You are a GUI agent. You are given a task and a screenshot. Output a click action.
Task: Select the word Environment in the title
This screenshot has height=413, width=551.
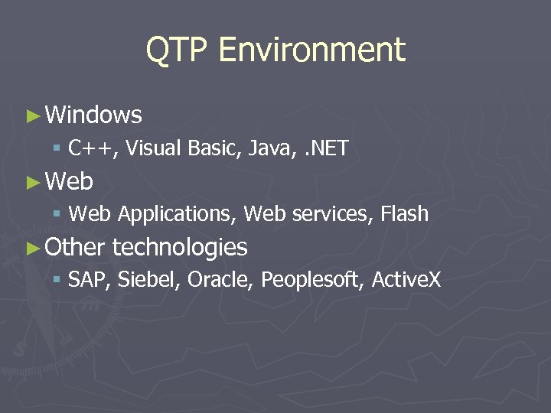[311, 50]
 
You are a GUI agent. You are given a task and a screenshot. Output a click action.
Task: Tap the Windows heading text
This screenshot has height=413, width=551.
[93, 115]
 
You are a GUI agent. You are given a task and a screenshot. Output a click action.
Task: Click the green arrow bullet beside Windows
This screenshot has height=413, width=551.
[32, 116]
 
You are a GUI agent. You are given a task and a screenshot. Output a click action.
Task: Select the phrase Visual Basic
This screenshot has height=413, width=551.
[183, 148]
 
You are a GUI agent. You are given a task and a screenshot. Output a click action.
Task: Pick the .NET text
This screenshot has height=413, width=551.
[327, 148]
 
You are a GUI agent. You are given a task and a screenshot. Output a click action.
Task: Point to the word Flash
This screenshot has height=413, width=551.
[404, 215]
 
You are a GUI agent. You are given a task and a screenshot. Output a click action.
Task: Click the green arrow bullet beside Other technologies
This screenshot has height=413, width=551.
[32, 248]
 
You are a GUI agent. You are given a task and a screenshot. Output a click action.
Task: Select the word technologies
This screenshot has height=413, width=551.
[180, 248]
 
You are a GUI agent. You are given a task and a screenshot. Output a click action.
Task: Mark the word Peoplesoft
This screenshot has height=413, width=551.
[312, 280]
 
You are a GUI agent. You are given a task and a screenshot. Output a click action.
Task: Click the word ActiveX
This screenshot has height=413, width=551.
[406, 280]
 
